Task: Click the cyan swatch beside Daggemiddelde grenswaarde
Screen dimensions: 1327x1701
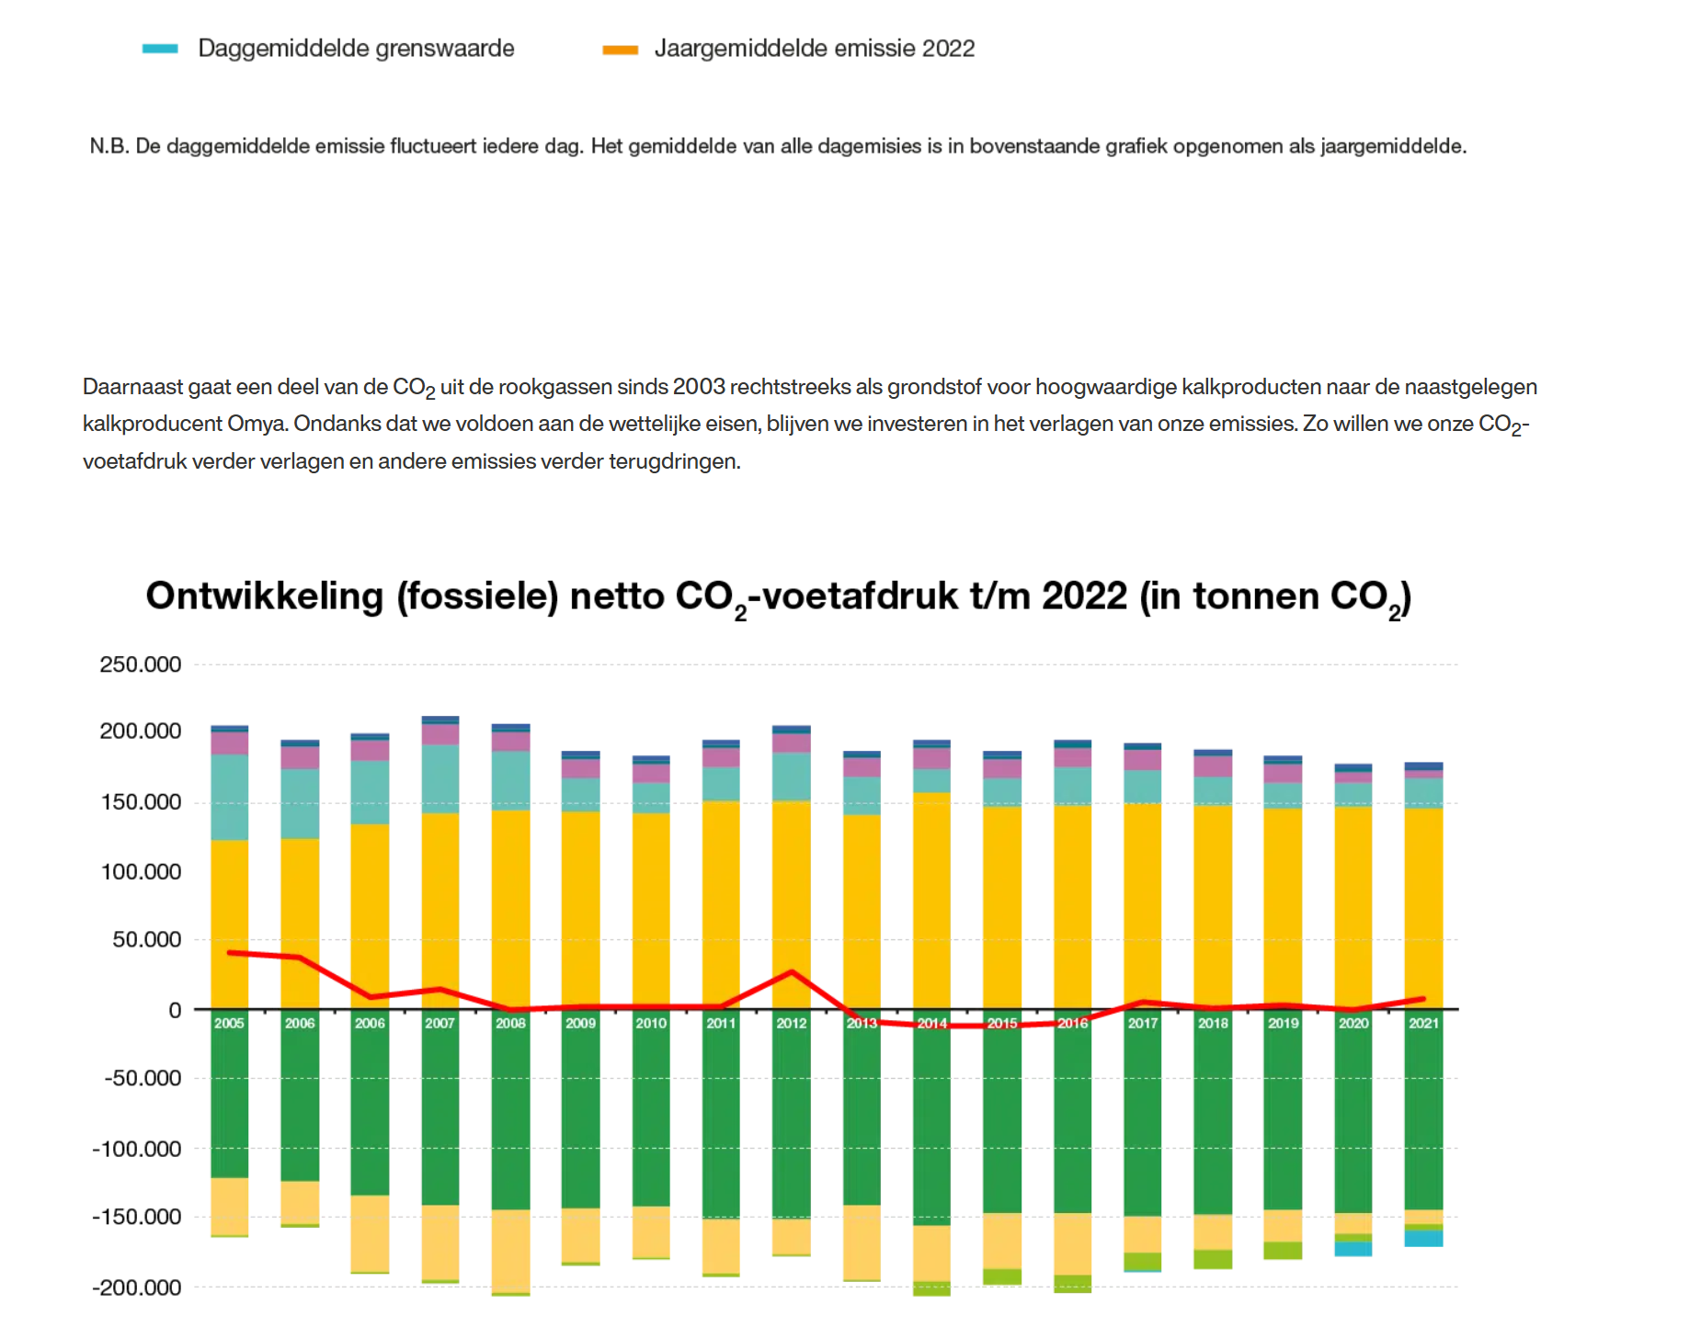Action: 160,49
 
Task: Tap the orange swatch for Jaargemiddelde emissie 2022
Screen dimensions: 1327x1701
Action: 620,50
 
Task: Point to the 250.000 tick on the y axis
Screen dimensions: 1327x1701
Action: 140,664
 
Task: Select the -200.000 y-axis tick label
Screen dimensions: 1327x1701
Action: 137,1287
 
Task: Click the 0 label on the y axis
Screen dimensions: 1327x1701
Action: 175,1011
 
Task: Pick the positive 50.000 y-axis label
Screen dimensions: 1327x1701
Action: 146,940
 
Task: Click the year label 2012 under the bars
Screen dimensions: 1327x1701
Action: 791,1023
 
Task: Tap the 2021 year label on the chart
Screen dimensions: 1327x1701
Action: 1423,1023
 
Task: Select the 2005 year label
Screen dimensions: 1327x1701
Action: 229,1023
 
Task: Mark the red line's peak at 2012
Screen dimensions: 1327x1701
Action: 792,971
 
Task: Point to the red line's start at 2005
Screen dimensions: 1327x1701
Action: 229,953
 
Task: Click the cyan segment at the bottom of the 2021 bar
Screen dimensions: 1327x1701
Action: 1423,1238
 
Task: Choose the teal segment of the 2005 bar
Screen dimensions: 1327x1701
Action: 229,797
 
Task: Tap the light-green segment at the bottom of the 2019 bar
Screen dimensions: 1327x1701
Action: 1283,1250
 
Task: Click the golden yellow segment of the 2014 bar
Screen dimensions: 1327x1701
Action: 931,901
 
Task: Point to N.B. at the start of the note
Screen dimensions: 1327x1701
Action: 108,146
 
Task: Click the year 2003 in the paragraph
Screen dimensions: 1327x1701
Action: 699,387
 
